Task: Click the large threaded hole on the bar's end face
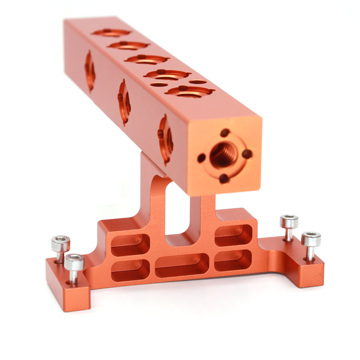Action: pos(224,154)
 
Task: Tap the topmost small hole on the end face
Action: pos(225,132)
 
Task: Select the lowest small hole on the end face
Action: pos(224,178)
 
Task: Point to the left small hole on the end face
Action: pos(202,158)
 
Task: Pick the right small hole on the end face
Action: pos(247,154)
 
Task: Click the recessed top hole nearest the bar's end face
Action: pos(190,91)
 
